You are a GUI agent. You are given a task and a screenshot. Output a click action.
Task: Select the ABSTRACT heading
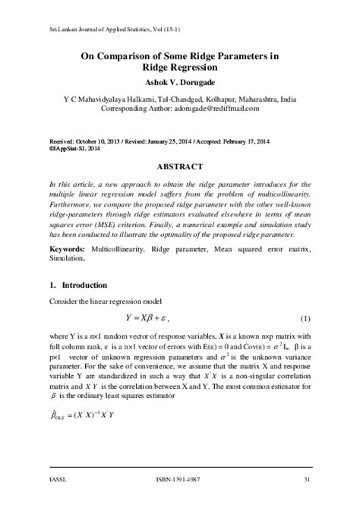point(179,166)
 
